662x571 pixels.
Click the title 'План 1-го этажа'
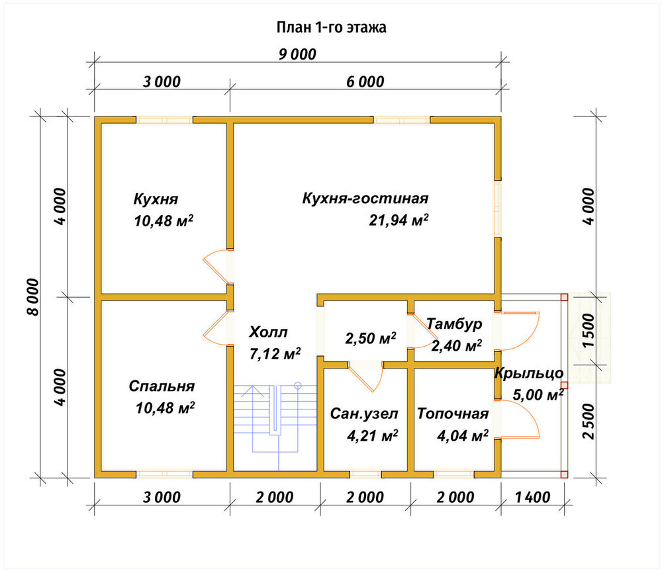point(332,27)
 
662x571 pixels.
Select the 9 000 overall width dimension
point(297,54)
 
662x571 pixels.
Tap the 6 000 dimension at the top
point(365,81)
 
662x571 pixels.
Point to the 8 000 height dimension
point(32,296)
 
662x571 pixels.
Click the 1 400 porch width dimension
point(532,497)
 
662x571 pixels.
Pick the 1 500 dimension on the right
point(588,330)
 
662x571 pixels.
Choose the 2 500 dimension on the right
point(588,421)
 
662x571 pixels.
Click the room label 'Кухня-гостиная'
point(365,198)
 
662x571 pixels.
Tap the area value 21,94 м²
point(399,220)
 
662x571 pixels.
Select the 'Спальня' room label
point(162,386)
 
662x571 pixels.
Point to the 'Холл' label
point(268,332)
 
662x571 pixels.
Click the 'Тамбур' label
point(454,324)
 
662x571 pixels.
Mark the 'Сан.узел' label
point(364,414)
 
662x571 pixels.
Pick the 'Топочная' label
point(453,414)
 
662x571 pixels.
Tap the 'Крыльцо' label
point(529,373)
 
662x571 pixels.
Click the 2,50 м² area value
point(371,338)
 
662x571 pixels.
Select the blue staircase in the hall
point(275,426)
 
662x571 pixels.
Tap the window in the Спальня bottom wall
point(164,474)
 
